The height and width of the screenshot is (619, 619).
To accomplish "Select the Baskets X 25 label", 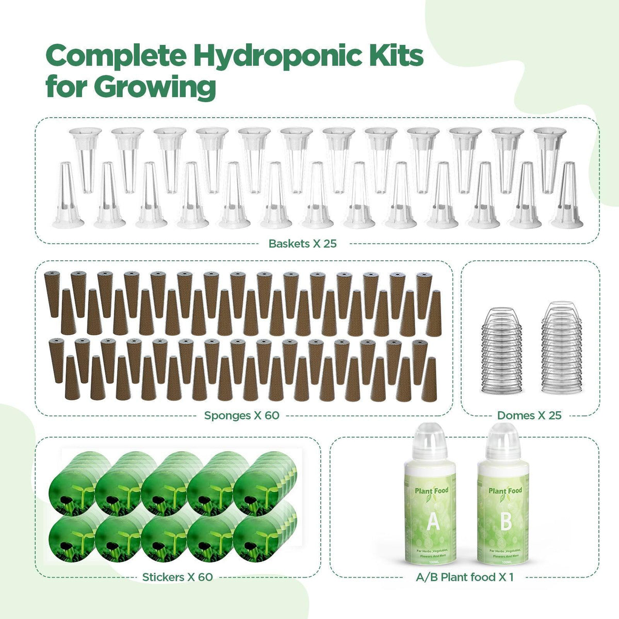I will [302, 243].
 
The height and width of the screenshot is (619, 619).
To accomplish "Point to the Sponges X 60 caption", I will [241, 415].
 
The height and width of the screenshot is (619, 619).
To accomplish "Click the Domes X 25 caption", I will [529, 415].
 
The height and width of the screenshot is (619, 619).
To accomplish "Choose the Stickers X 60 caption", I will [177, 577].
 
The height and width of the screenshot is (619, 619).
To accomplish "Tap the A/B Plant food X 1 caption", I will [465, 577].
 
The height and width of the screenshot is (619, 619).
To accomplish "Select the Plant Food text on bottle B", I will [505, 491].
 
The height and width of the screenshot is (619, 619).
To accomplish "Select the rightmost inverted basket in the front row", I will [568, 199].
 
